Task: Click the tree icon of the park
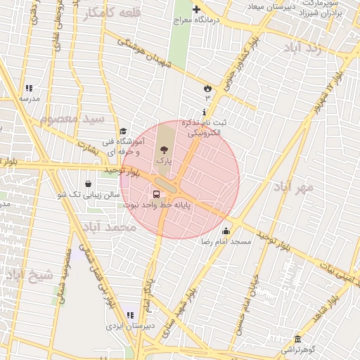pyautogui.click(x=164, y=149)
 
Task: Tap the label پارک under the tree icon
pyautogui.click(x=164, y=161)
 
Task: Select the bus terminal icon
pyautogui.click(x=156, y=194)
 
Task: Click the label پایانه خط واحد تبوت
pyautogui.click(x=157, y=205)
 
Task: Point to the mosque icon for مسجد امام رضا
pyautogui.click(x=226, y=231)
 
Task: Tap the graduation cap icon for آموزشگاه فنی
pyautogui.click(x=123, y=131)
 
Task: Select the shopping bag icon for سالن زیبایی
pyautogui.click(x=88, y=184)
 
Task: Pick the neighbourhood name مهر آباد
pyautogui.click(x=292, y=187)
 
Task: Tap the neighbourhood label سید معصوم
pyautogui.click(x=72, y=118)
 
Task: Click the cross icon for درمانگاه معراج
pyautogui.click(x=196, y=10)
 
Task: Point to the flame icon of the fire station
pyautogui.click(x=207, y=88)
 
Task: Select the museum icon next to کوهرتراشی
pyautogui.click(x=298, y=339)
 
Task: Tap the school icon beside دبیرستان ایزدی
pyautogui.click(x=129, y=315)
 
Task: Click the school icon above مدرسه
pyautogui.click(x=29, y=89)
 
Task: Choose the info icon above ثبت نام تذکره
pyautogui.click(x=204, y=112)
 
